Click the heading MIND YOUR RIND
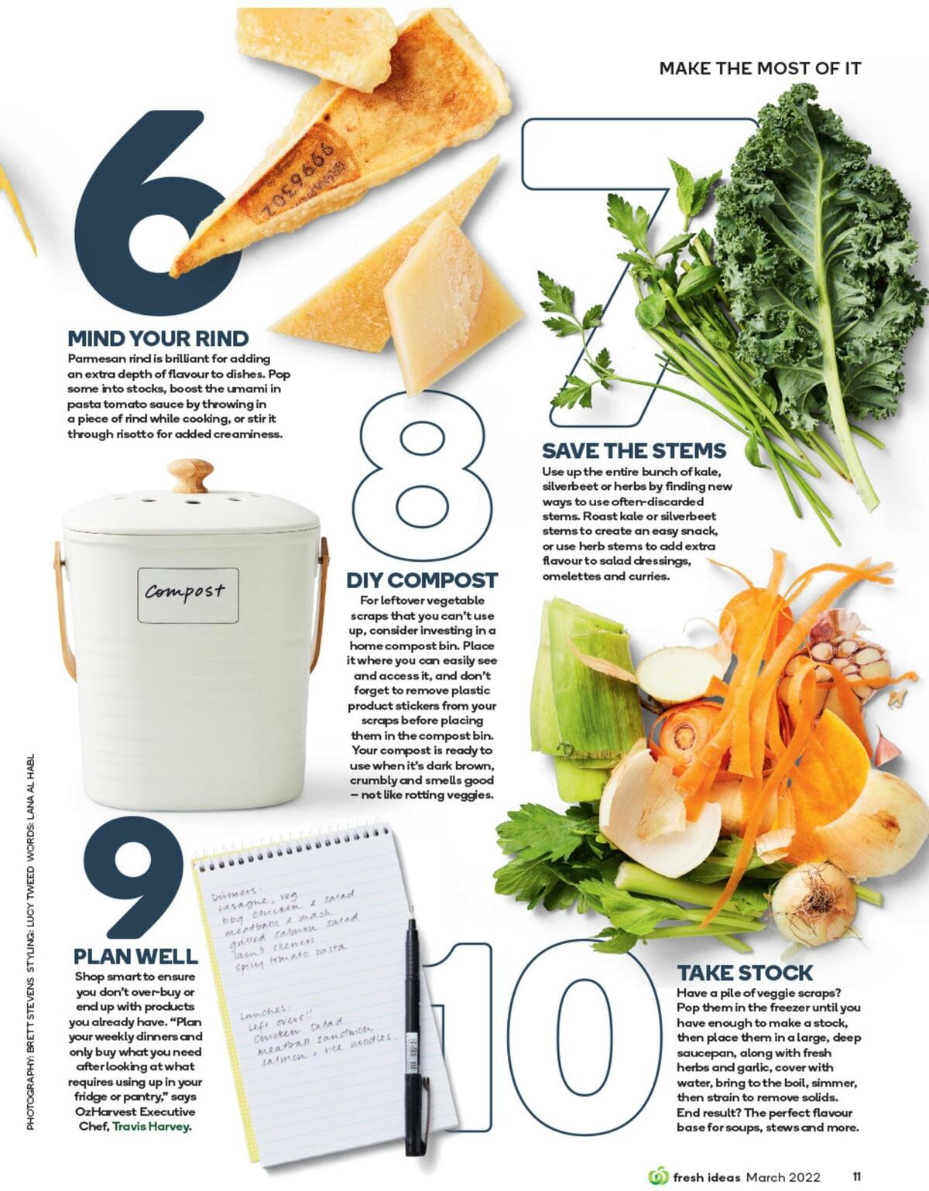158,339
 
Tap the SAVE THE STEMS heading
633,451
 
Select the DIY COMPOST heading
421,580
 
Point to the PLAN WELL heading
135,957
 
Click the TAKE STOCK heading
745,973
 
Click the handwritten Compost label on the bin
187,594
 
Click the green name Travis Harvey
151,1126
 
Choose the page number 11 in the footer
856,1177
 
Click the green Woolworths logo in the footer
657,1177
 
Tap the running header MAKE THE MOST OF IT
759,68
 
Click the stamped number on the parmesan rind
298,182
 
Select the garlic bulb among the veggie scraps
848,658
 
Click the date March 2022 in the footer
783,1177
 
